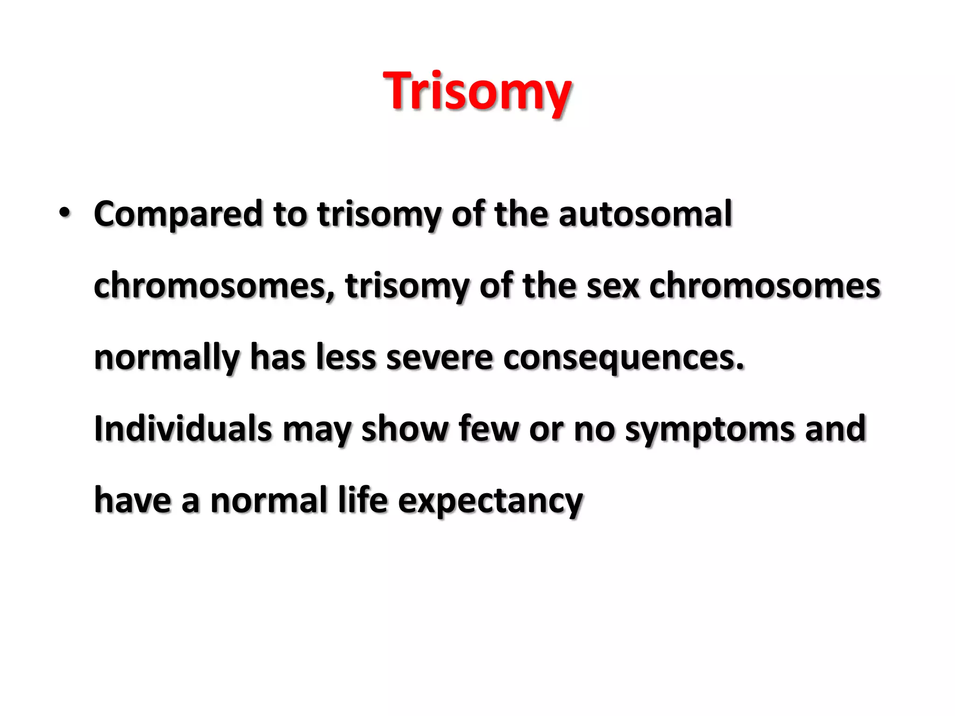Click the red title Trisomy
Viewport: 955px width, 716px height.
tap(477, 91)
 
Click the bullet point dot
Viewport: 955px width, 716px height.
tap(64, 213)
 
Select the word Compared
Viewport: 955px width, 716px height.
tap(178, 214)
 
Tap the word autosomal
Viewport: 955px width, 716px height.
tap(645, 214)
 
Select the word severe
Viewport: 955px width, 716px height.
tap(439, 358)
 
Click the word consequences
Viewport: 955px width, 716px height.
tap(623, 358)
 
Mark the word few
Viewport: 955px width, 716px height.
tap(488, 429)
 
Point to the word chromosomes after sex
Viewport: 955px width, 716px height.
tap(764, 286)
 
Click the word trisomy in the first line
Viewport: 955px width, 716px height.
tap(378, 214)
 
